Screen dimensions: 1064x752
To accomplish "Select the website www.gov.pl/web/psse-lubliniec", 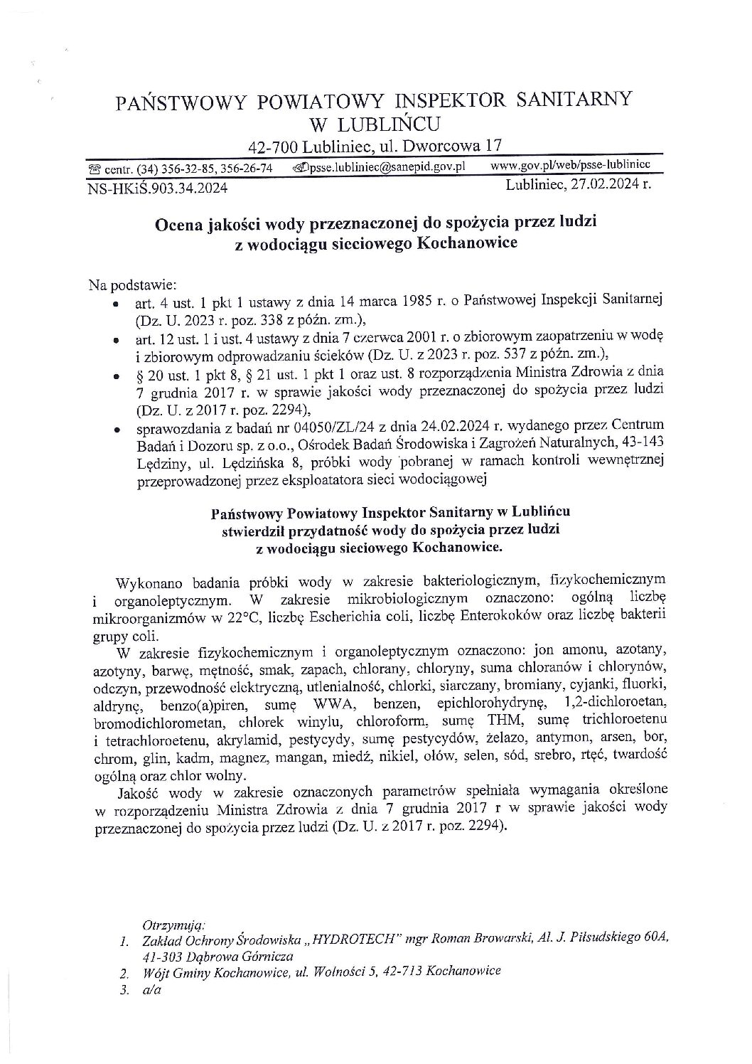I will (571, 165).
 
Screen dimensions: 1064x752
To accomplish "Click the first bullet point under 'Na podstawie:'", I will (115, 303).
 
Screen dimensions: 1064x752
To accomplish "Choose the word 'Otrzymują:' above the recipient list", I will (174, 925).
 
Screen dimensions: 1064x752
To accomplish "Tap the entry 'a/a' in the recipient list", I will (151, 989).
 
